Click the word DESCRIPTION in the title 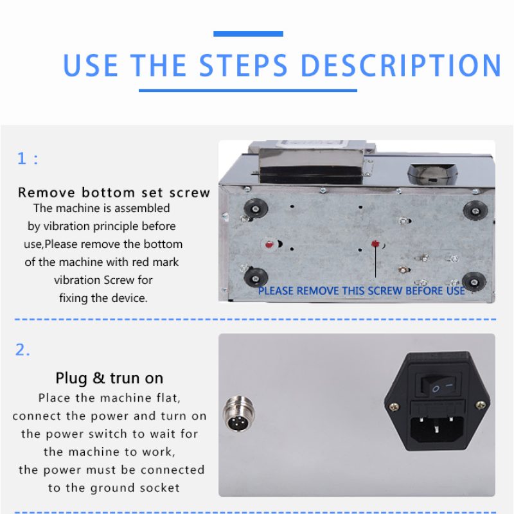click(401, 66)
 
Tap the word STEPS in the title click(244, 66)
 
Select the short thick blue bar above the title click(248, 33)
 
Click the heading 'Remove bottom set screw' click(114, 192)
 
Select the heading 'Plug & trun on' click(109, 378)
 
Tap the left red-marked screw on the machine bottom click(269, 244)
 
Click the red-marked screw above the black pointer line click(375, 244)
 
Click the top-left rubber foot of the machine click(256, 208)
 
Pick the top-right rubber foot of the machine click(475, 210)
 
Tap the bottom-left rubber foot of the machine click(256, 278)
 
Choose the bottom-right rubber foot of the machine click(474, 281)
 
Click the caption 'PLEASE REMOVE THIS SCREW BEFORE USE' click(362, 291)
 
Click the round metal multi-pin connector click(238, 414)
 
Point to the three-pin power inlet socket click(437, 428)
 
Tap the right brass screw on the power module click(481, 405)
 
